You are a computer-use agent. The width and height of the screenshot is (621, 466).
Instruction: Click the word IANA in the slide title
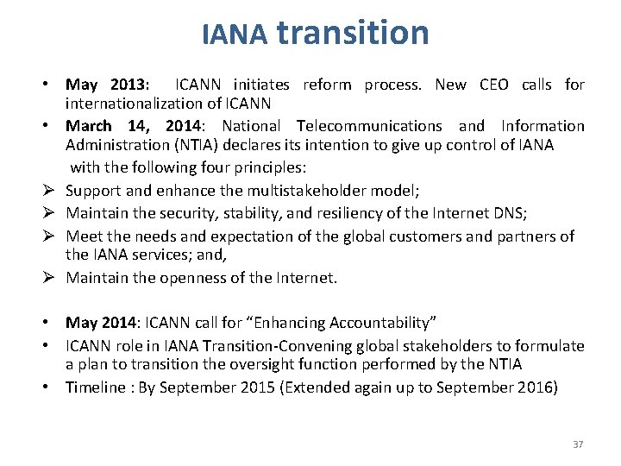pyautogui.click(x=235, y=35)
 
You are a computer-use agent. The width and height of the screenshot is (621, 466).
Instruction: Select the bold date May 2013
pyautogui.click(x=106, y=85)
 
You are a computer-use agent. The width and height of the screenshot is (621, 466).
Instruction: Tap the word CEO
pyautogui.click(x=493, y=85)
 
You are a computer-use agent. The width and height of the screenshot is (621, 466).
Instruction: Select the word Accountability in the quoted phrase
pyautogui.click(x=379, y=323)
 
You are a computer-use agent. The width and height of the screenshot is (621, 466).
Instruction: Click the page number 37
pyautogui.click(x=578, y=444)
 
